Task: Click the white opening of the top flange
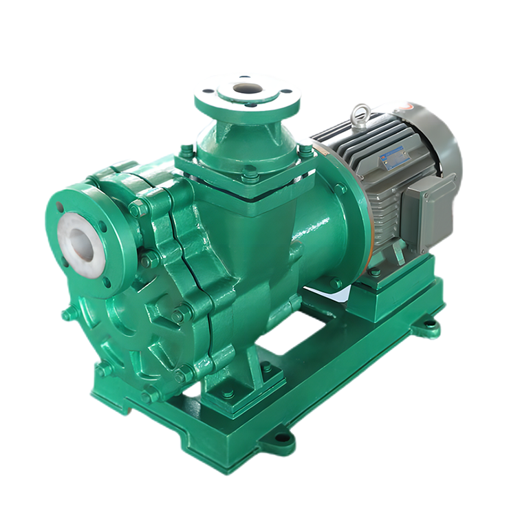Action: [246, 88]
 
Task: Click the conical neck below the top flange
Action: [246, 138]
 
